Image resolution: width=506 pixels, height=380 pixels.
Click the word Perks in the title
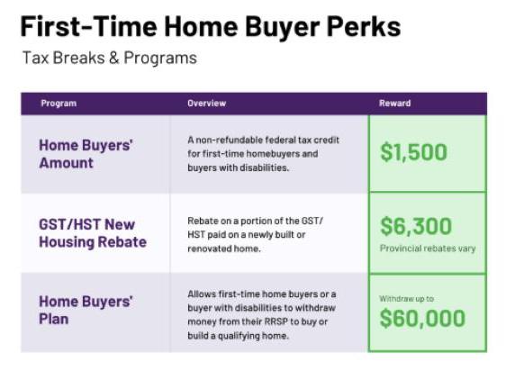click(364, 26)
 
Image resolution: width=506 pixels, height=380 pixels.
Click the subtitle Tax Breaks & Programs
click(110, 59)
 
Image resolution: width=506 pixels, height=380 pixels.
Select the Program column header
click(59, 104)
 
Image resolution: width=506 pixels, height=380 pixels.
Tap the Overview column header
click(206, 104)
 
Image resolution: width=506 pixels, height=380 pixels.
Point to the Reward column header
click(394, 104)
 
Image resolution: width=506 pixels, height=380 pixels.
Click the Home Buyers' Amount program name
click(86, 154)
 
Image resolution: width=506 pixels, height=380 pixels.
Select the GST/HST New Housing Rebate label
click(93, 233)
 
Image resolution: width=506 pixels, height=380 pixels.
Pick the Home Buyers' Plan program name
click(86, 311)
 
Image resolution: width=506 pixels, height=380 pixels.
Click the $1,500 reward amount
click(413, 152)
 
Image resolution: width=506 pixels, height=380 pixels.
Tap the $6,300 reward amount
click(416, 226)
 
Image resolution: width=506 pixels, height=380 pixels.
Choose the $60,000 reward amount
click(422, 319)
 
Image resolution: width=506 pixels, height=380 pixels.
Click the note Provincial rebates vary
click(428, 249)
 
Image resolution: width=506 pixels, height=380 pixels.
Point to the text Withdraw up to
click(406, 299)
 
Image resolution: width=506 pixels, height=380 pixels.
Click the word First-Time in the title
click(88, 26)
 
